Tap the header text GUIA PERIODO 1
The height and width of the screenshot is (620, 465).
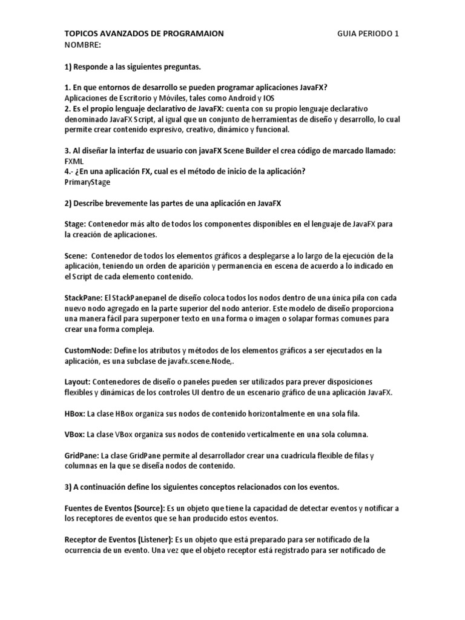pyautogui.click(x=368, y=34)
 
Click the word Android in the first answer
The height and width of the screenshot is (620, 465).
pyautogui.click(x=242, y=98)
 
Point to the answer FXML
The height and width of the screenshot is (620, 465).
pyautogui.click(x=74, y=162)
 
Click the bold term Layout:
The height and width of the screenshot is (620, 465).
pyautogui.click(x=77, y=382)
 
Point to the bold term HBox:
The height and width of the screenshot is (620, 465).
pyautogui.click(x=75, y=414)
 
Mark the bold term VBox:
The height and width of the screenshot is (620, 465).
pyautogui.click(x=75, y=435)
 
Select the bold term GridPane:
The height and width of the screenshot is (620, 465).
pyautogui.click(x=82, y=455)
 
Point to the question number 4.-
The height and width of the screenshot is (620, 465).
pyautogui.click(x=70, y=171)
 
